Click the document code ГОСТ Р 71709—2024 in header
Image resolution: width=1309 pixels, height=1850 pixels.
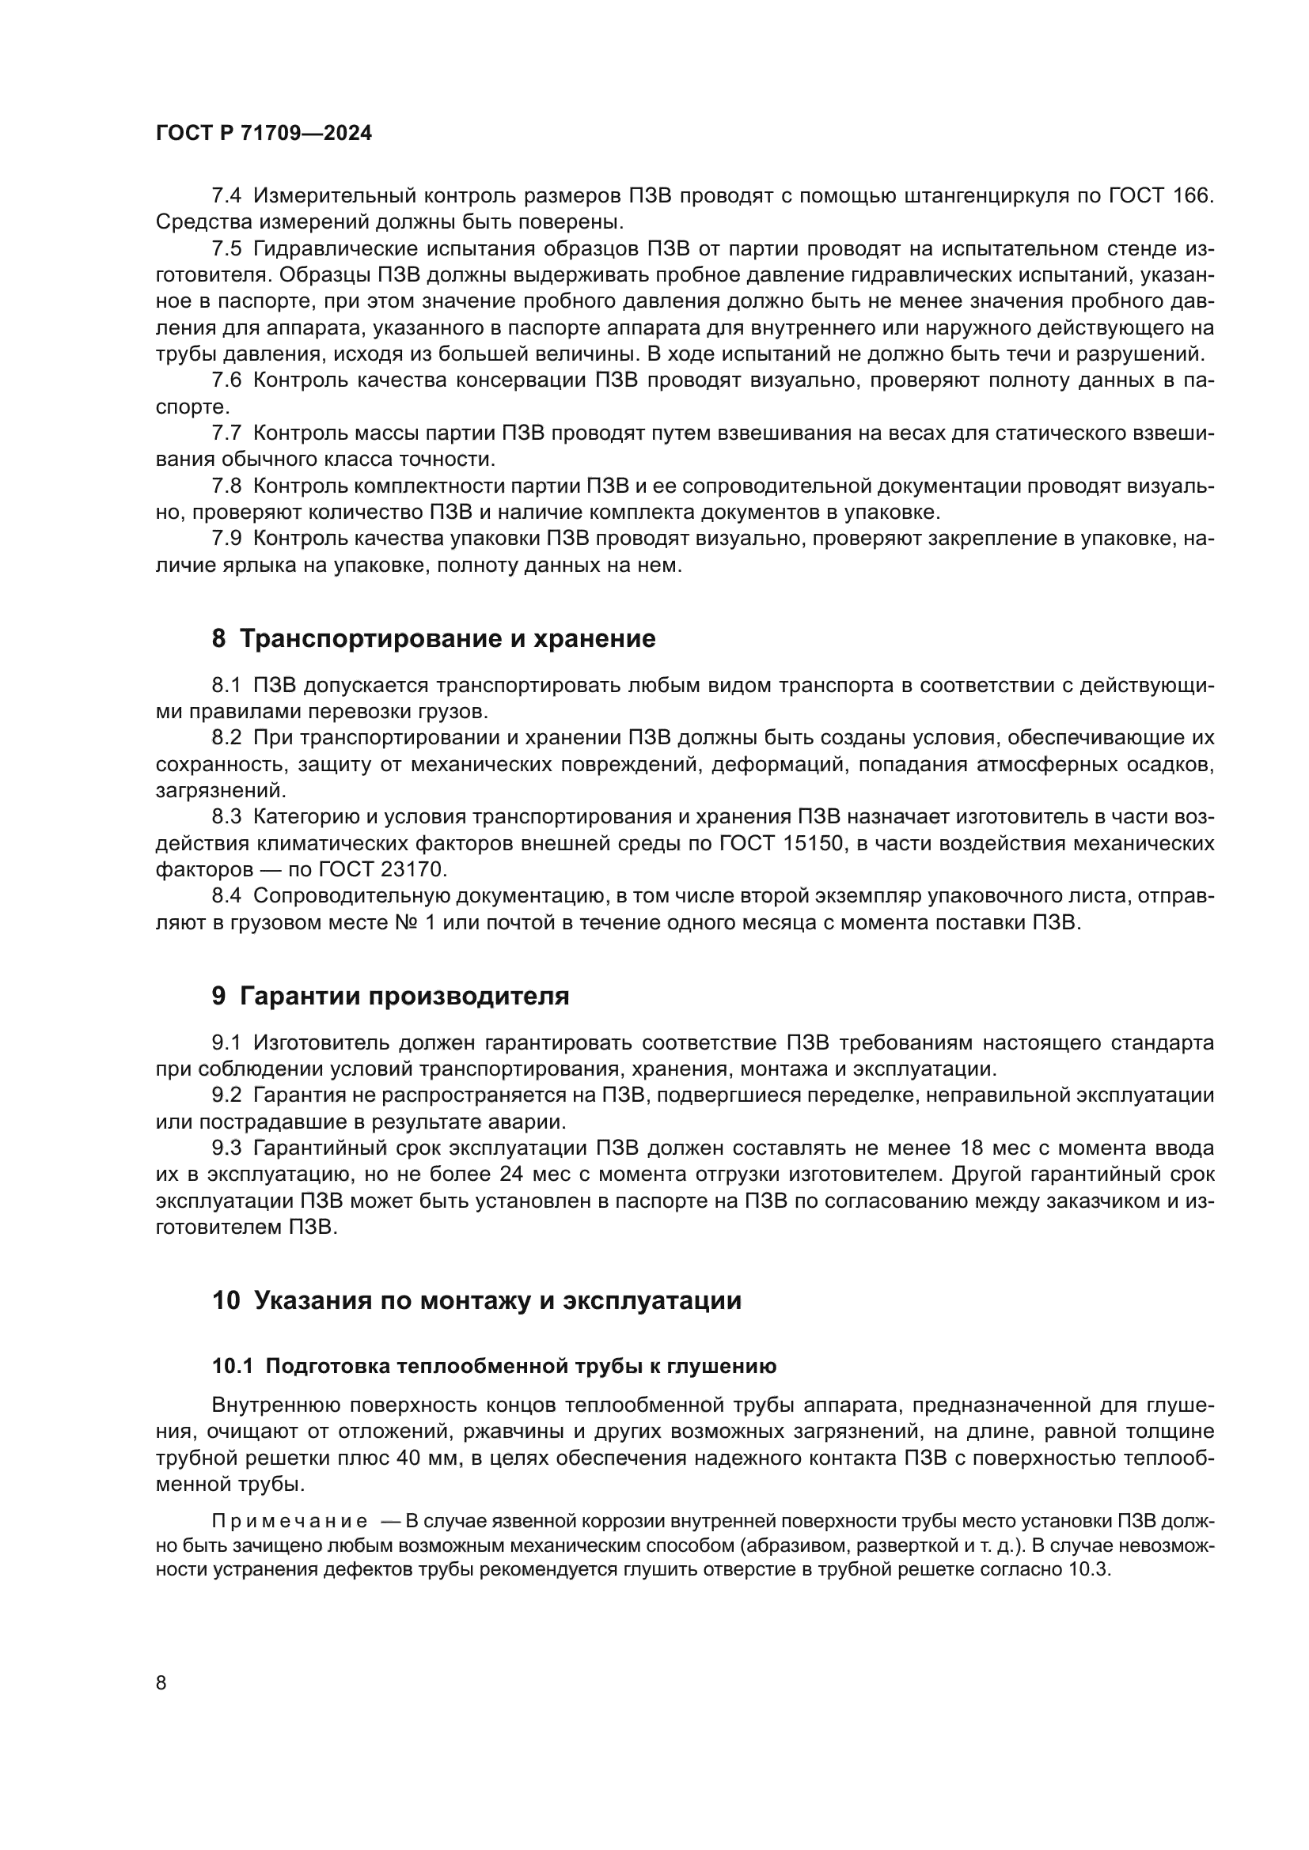coord(264,134)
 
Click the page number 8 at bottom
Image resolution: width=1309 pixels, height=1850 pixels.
coord(161,1683)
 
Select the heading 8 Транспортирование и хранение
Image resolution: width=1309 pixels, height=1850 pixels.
coord(433,639)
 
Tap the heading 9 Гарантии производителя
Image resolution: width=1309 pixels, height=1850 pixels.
coord(390,996)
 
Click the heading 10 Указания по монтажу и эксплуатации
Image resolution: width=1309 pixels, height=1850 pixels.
coord(476,1300)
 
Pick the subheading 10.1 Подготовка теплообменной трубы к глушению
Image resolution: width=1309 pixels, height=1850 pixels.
coord(494,1367)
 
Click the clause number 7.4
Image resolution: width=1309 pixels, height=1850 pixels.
coord(226,195)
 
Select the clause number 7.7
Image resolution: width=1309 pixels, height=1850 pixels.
coord(226,433)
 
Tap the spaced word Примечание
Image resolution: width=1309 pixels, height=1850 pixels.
coord(290,1522)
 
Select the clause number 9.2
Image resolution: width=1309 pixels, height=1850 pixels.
coord(226,1095)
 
